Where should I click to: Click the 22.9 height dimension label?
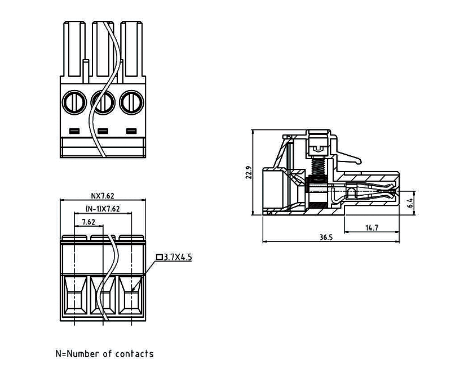click(249, 173)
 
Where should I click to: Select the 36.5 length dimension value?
click(326, 237)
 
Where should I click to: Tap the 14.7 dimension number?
click(372, 227)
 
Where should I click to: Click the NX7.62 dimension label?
click(103, 196)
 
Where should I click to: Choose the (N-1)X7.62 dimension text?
click(102, 208)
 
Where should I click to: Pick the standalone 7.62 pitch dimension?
click(88, 222)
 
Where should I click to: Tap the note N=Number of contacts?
click(104, 354)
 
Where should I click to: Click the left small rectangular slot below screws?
click(74, 132)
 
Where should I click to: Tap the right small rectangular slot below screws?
click(131, 132)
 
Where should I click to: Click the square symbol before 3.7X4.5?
click(160, 257)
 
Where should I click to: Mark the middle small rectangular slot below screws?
click(103, 132)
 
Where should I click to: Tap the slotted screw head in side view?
click(318, 147)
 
